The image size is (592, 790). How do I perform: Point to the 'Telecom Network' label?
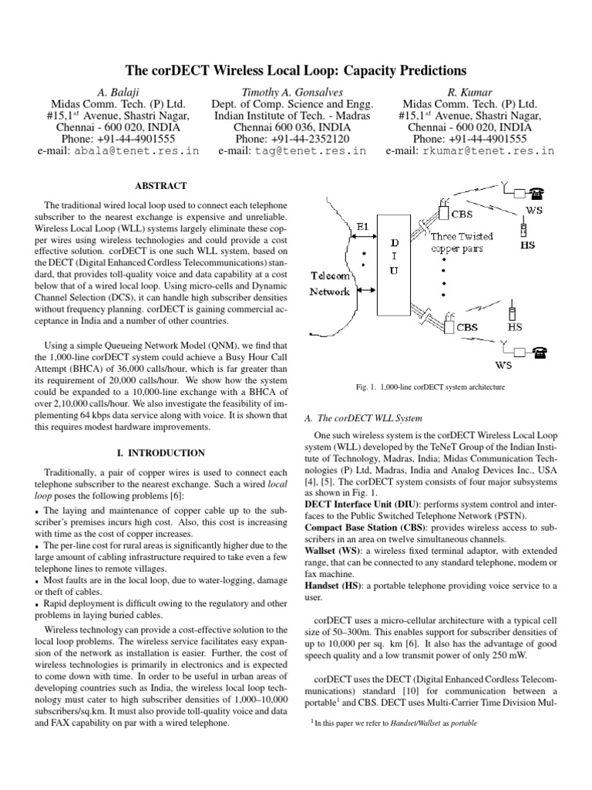click(330, 283)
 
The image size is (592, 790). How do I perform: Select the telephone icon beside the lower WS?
click(540, 351)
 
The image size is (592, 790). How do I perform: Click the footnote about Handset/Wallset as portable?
click(393, 725)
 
